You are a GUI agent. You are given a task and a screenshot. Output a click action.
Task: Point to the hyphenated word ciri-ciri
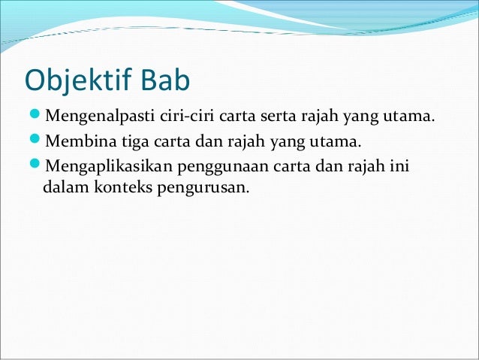point(182,118)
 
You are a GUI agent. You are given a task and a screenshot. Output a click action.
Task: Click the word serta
point(276,118)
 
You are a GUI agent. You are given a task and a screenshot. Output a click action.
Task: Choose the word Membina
point(77,141)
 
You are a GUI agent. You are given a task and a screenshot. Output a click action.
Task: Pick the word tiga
point(132,141)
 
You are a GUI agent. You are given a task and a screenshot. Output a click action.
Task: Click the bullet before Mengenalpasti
point(35,118)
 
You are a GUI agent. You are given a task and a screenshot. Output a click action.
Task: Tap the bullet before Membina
point(35,141)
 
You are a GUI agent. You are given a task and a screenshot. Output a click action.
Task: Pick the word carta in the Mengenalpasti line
point(236,118)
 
